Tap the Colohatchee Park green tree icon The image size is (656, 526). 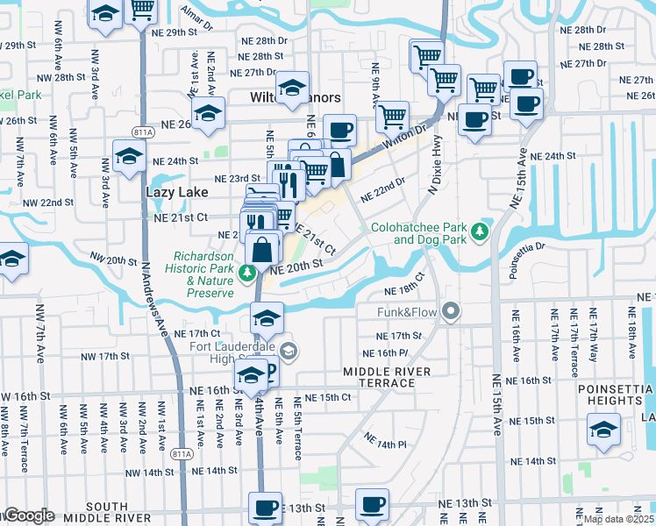coord(479,231)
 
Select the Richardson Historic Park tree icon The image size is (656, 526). coord(248,272)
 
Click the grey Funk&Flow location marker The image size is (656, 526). coord(451,311)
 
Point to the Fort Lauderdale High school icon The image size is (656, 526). coord(289,352)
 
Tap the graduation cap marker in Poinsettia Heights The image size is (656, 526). coord(603,430)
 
